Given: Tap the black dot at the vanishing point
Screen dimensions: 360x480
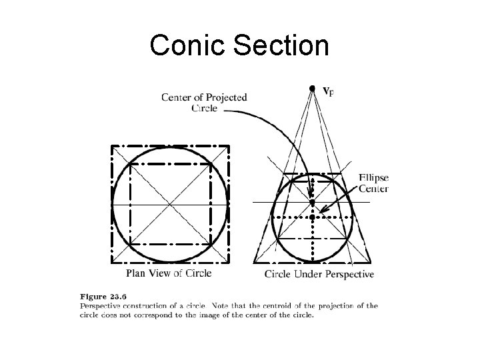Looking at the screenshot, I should [312, 88].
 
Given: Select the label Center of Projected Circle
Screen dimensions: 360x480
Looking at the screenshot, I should [204, 102].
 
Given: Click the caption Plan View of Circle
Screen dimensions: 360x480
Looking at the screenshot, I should [169, 273].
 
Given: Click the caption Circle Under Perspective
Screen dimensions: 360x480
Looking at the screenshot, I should [319, 274].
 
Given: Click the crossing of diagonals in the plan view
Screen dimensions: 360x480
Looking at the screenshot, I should [171, 203].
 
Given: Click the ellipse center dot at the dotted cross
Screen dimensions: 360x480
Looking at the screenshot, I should [312, 217].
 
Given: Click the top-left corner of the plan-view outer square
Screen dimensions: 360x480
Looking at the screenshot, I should [112, 145].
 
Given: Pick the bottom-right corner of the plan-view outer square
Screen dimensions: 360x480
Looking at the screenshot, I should [229, 262].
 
